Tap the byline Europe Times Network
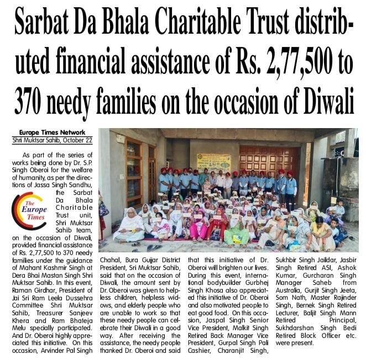point(52,133)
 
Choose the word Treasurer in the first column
point(55,315)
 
